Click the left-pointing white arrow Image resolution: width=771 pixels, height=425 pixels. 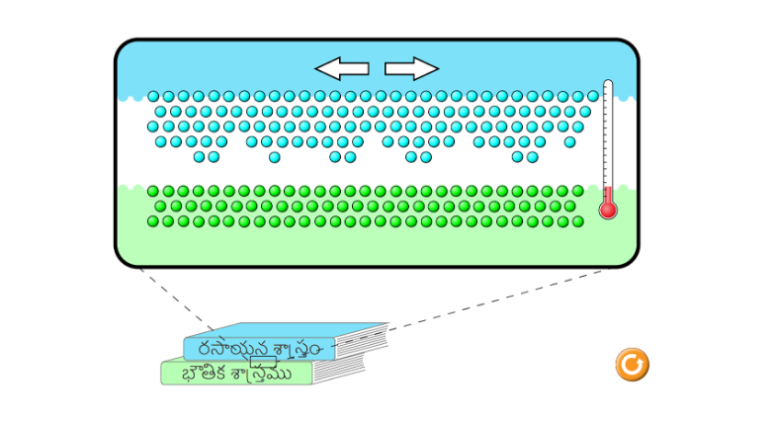pos(341,68)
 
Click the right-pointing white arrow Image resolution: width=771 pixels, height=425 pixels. pos(411,68)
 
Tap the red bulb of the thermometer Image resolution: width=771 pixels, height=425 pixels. pos(608,209)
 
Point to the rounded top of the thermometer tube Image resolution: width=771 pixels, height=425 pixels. pos(608,85)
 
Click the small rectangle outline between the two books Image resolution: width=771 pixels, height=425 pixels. pos(264,361)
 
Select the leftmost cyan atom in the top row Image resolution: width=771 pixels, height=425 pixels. pos(153,97)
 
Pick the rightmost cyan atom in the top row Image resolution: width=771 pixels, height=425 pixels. pos(592,97)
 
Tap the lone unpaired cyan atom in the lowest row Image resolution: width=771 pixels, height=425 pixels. pos(274,157)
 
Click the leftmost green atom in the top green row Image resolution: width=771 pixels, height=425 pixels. pos(153,191)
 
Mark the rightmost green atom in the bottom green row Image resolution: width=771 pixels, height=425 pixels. pos(577,221)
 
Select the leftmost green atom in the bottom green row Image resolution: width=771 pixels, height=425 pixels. pos(153,221)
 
